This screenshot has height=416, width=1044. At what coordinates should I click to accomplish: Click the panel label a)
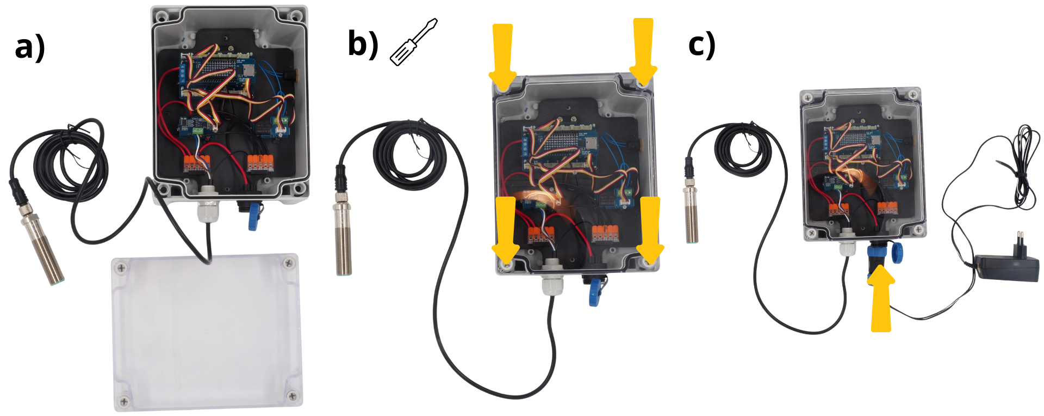click(x=30, y=48)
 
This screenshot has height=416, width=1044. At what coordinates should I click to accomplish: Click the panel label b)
click(x=363, y=44)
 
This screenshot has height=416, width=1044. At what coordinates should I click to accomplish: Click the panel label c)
click(x=702, y=45)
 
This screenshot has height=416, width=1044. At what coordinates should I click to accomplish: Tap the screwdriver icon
click(x=414, y=42)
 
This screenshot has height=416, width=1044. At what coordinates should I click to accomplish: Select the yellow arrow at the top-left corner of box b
click(x=503, y=57)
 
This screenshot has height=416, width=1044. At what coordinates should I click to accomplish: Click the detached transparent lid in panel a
click(x=207, y=332)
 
